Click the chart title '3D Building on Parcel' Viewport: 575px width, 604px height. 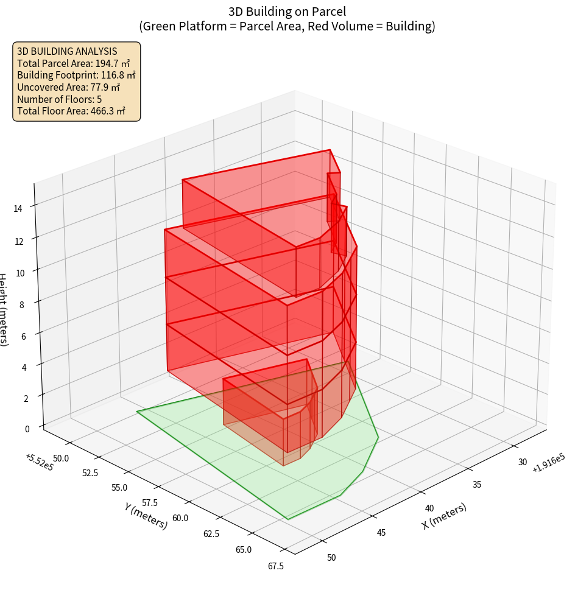tap(287, 12)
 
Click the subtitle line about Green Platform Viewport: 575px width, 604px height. tap(287, 26)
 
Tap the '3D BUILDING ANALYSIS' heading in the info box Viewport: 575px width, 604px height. tap(67, 52)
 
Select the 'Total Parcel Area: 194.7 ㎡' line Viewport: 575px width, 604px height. tap(74, 63)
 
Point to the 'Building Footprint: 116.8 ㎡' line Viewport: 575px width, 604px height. tap(76, 75)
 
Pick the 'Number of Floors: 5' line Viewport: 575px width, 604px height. tap(60, 99)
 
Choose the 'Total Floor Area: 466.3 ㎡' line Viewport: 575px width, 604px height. tap(71, 111)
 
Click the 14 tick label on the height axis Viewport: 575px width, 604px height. tap(18, 209)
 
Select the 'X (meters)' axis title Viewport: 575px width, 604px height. tap(444, 516)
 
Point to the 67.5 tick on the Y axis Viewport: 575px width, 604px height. tap(275, 566)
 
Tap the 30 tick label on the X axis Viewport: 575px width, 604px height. tap(523, 462)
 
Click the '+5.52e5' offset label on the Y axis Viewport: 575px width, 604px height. tap(40, 462)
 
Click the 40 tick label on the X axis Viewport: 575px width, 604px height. tap(429, 508)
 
